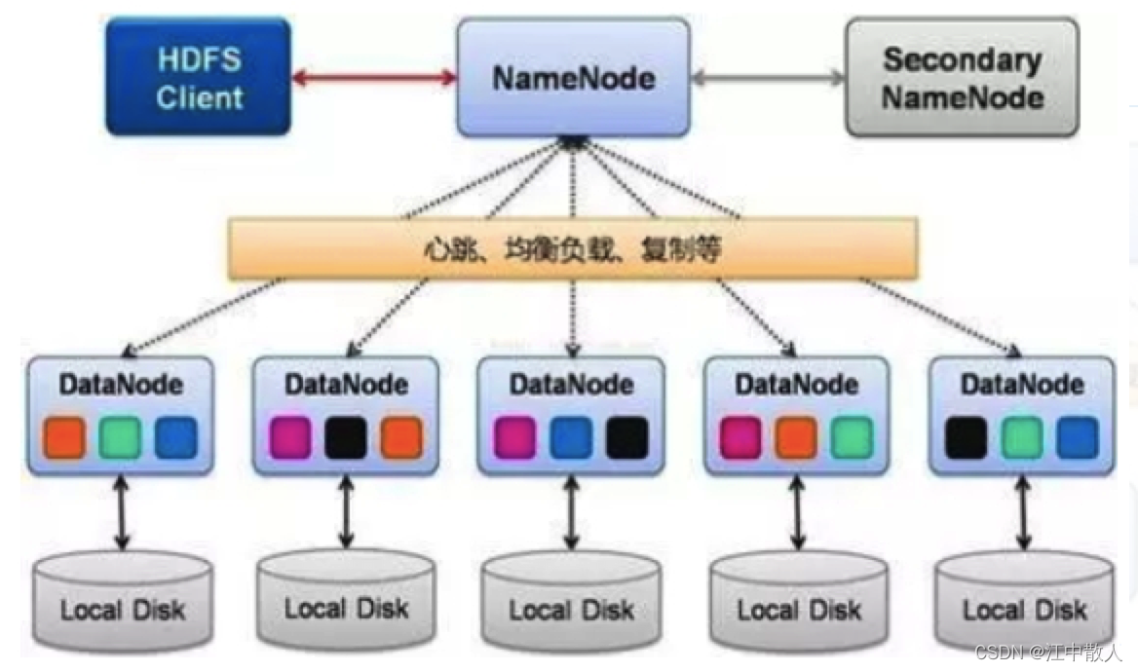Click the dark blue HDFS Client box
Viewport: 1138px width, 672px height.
pyautogui.click(x=199, y=77)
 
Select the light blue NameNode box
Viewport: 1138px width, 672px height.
pyautogui.click(x=572, y=78)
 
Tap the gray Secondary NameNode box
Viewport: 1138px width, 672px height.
pyautogui.click(x=962, y=77)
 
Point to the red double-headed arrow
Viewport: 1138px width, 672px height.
pyautogui.click(x=374, y=78)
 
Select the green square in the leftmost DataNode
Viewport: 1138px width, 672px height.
pyautogui.click(x=120, y=438)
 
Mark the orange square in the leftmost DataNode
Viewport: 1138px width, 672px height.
pyautogui.click(x=64, y=438)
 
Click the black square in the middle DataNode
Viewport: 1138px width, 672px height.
pyautogui.click(x=626, y=438)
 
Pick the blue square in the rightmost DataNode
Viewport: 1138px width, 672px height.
pyautogui.click(x=1077, y=438)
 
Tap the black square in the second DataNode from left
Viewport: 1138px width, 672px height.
pyautogui.click(x=346, y=438)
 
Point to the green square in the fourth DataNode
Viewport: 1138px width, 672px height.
pyautogui.click(x=852, y=438)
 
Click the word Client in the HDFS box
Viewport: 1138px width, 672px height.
pyautogui.click(x=199, y=97)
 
